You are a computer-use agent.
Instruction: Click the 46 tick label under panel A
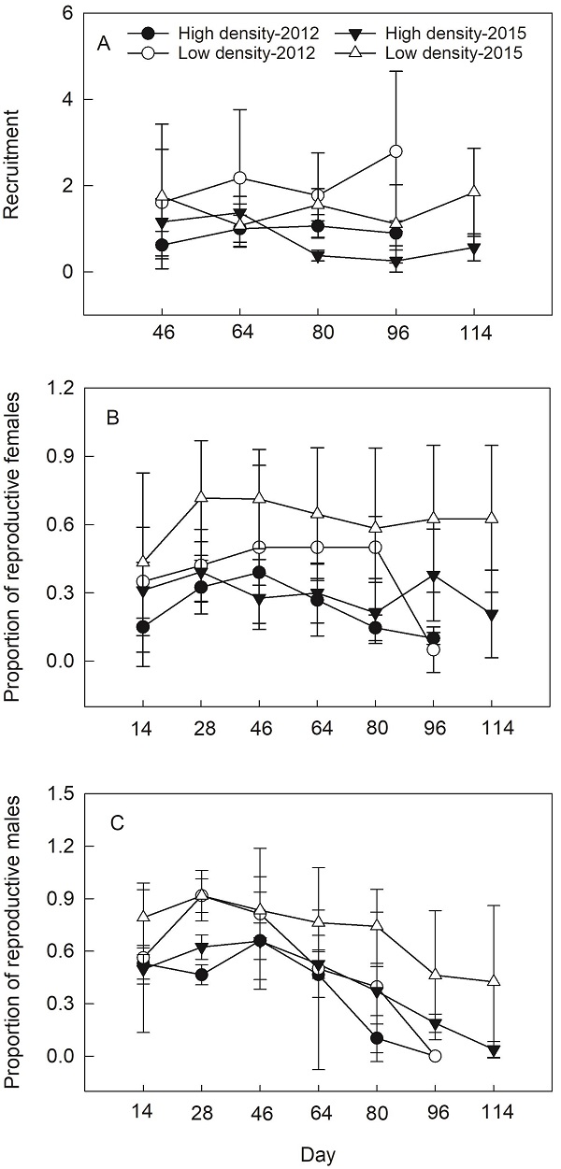[162, 335]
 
